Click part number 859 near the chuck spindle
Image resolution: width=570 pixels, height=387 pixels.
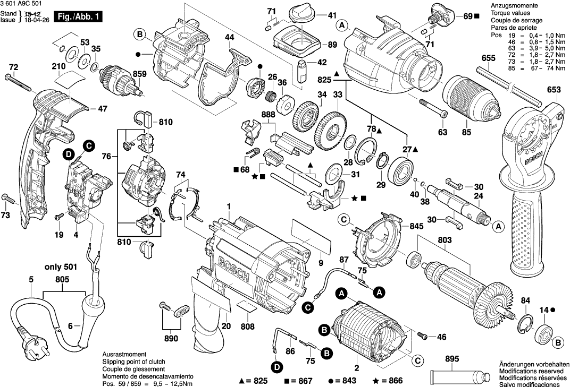coord(140,74)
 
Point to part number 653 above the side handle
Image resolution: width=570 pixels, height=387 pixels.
coord(554,90)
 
